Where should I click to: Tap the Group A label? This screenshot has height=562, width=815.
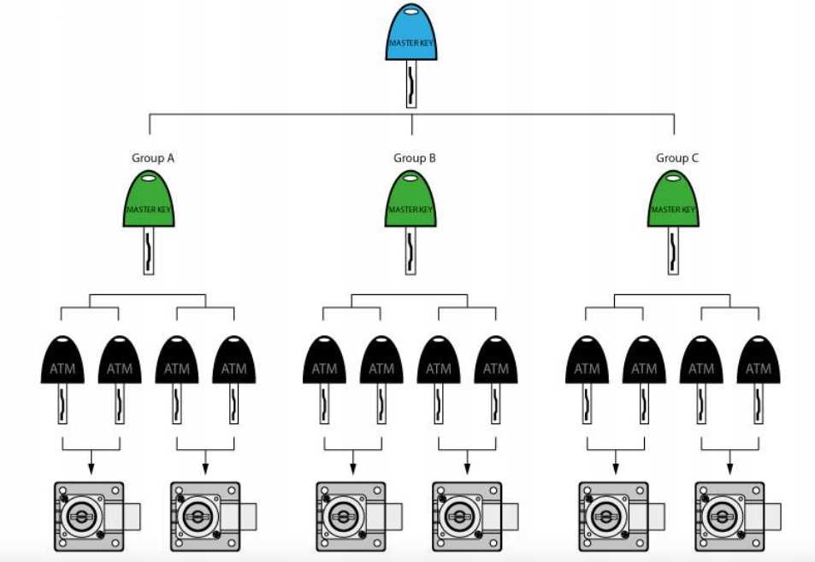pyautogui.click(x=152, y=158)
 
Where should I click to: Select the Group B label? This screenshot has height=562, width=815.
pyautogui.click(x=415, y=158)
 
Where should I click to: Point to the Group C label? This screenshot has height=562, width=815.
pyautogui.click(x=677, y=158)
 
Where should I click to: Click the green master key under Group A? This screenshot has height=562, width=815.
pyautogui.click(x=149, y=202)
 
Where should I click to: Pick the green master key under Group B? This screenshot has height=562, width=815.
pyautogui.click(x=411, y=202)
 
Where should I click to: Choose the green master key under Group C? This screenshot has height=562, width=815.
pyautogui.click(x=674, y=202)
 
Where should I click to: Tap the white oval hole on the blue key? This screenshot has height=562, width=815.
pyautogui.click(x=411, y=12)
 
